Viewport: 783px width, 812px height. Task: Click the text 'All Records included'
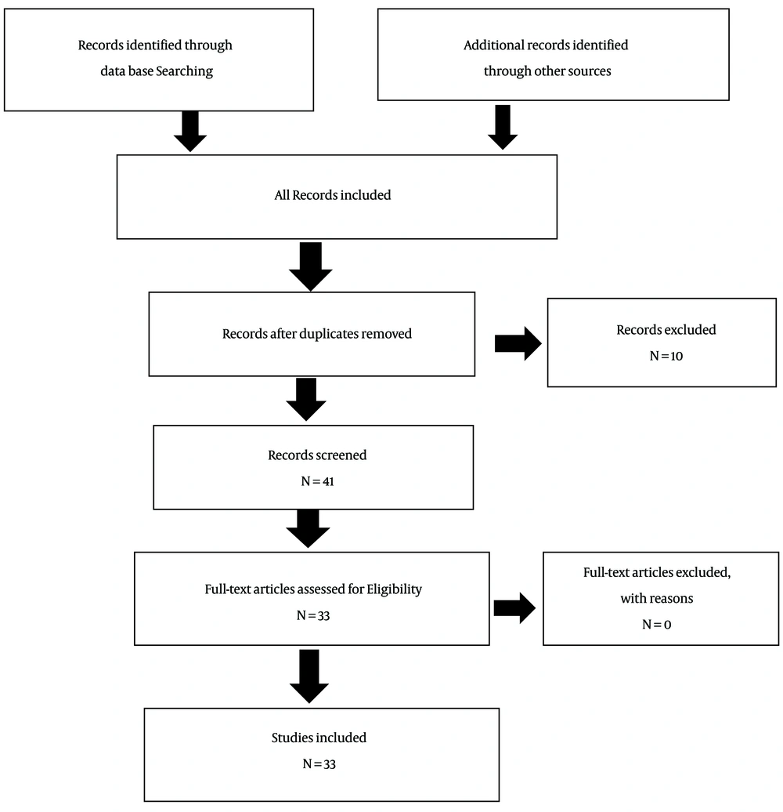click(333, 195)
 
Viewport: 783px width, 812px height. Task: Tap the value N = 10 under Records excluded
click(666, 356)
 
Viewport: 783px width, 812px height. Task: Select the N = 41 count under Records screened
click(318, 481)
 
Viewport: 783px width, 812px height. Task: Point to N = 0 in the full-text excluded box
click(657, 625)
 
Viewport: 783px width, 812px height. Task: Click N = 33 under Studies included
click(319, 764)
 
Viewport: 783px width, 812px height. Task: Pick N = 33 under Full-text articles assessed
click(313, 615)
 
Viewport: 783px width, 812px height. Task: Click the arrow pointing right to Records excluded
click(518, 343)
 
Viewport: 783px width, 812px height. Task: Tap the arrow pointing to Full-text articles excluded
click(514, 608)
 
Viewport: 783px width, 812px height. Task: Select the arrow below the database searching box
click(190, 131)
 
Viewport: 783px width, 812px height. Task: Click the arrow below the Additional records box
click(503, 128)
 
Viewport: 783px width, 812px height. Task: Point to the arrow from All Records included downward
click(310, 266)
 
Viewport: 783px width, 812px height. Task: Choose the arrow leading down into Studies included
click(309, 676)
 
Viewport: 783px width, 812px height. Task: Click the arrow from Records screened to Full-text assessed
click(309, 529)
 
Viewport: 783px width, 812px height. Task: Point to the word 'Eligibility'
click(394, 589)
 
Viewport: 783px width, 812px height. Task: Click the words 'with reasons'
click(657, 599)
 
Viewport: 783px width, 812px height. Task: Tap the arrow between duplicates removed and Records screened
click(306, 399)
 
